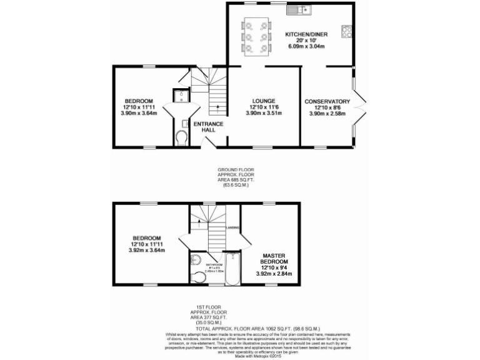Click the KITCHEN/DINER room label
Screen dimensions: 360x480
click(306, 34)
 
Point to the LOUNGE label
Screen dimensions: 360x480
click(264, 101)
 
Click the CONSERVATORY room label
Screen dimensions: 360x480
click(327, 102)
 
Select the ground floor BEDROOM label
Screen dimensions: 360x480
click(139, 101)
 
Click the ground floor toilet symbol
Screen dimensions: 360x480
click(182, 137)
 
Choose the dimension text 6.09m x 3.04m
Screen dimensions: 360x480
click(307, 46)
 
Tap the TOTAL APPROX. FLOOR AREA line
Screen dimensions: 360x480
click(257, 328)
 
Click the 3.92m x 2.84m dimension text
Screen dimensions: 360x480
click(274, 274)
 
